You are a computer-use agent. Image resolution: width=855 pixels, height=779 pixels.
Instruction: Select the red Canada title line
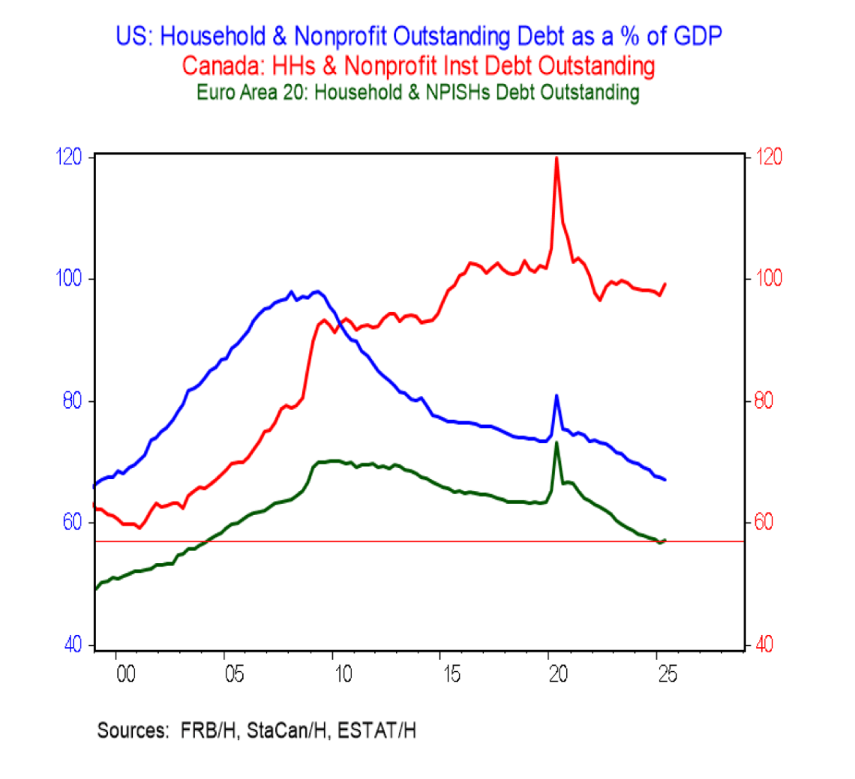(x=418, y=67)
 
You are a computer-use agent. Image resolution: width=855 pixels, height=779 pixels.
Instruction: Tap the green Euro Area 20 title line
(x=418, y=93)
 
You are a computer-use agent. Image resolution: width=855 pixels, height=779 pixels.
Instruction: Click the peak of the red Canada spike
(x=556, y=158)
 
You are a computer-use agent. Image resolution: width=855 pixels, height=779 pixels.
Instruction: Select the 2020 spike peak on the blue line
(x=556, y=395)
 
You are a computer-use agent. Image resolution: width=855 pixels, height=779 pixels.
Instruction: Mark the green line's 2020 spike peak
(x=556, y=442)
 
